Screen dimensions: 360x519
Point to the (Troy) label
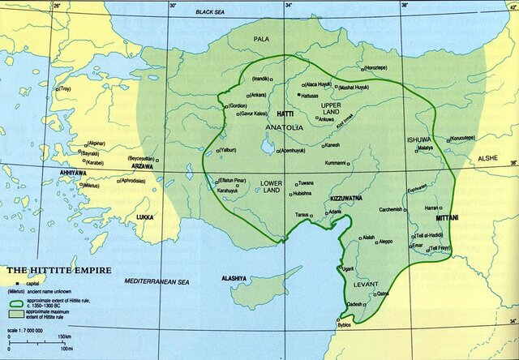64,88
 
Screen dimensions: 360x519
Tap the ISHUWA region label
418,139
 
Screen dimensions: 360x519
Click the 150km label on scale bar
63,336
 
